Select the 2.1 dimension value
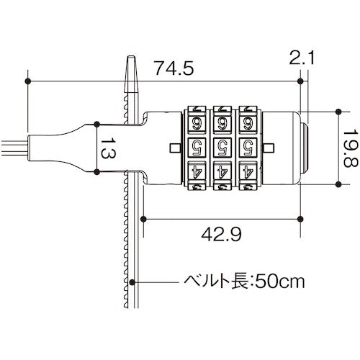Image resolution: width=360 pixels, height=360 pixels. [300, 57]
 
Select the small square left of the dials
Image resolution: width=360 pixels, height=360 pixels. [176, 148]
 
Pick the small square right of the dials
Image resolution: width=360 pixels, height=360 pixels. [269, 148]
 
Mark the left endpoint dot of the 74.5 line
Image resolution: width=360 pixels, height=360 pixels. [28, 81]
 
